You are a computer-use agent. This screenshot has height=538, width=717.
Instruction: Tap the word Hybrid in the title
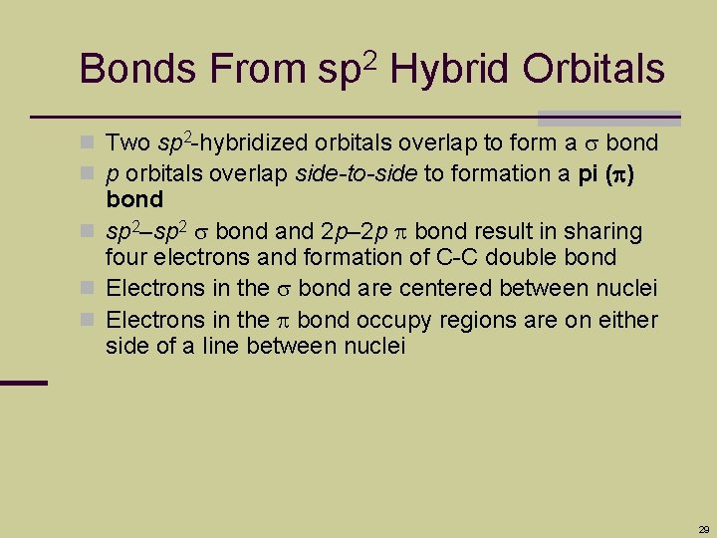pyautogui.click(x=446, y=70)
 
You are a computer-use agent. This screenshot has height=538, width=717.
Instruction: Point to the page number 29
pyautogui.click(x=704, y=529)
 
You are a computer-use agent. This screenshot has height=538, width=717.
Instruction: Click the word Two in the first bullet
pyautogui.click(x=127, y=144)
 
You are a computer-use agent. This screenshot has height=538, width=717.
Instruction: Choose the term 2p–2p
pyautogui.click(x=360, y=232)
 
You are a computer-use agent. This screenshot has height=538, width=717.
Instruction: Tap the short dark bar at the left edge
pyautogui.click(x=24, y=383)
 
